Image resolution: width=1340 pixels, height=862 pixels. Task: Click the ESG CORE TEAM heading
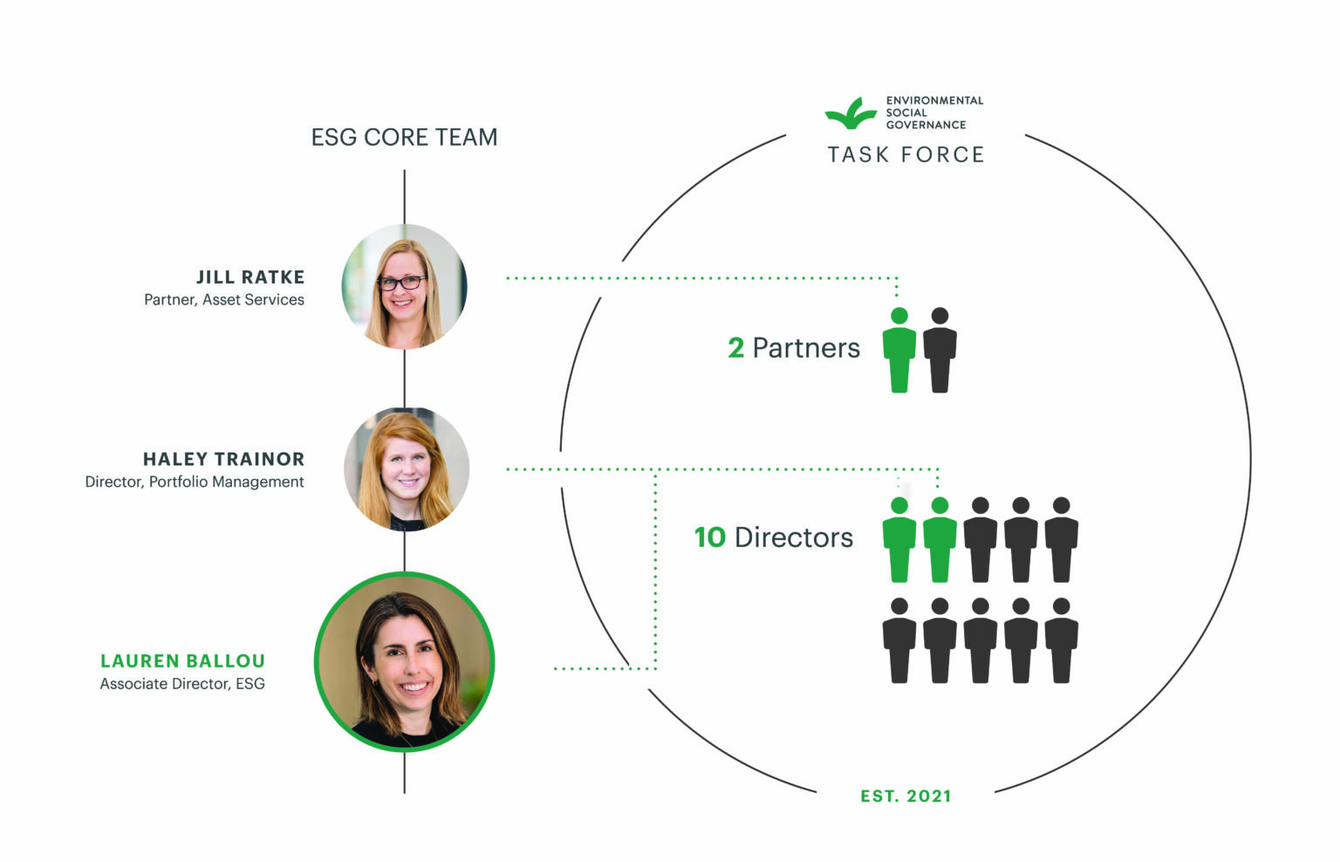pos(404,137)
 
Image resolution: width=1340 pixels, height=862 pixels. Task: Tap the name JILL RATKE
pos(250,277)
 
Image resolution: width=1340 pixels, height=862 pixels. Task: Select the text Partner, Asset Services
pos(224,299)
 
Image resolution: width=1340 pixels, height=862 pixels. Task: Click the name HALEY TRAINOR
pos(223,459)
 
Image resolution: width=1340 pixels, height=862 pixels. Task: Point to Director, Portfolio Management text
pos(195,482)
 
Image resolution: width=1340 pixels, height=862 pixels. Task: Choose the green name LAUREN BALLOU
pos(182,661)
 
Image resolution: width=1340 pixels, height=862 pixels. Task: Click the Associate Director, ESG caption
pos(182,684)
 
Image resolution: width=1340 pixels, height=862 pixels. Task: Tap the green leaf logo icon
pos(851,113)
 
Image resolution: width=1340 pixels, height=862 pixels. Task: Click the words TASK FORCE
pos(906,155)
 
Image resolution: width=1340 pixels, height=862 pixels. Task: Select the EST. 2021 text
pos(906,796)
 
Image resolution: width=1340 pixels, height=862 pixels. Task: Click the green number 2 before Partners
pos(735,348)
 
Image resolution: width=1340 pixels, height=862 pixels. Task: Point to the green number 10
pos(710,537)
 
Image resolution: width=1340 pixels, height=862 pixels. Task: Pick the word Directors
pos(794,537)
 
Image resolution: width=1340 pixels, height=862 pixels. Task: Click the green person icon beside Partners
pos(899,351)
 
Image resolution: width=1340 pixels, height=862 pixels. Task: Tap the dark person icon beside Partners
pos(940,351)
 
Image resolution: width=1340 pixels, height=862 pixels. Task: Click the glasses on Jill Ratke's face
pos(401,283)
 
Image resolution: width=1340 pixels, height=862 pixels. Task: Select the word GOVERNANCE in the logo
pos(926,125)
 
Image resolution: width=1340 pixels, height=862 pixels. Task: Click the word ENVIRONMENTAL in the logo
pos(934,100)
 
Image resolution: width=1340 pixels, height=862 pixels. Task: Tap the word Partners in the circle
pos(806,348)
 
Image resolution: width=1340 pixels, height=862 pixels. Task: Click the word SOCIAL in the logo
pos(906,113)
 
